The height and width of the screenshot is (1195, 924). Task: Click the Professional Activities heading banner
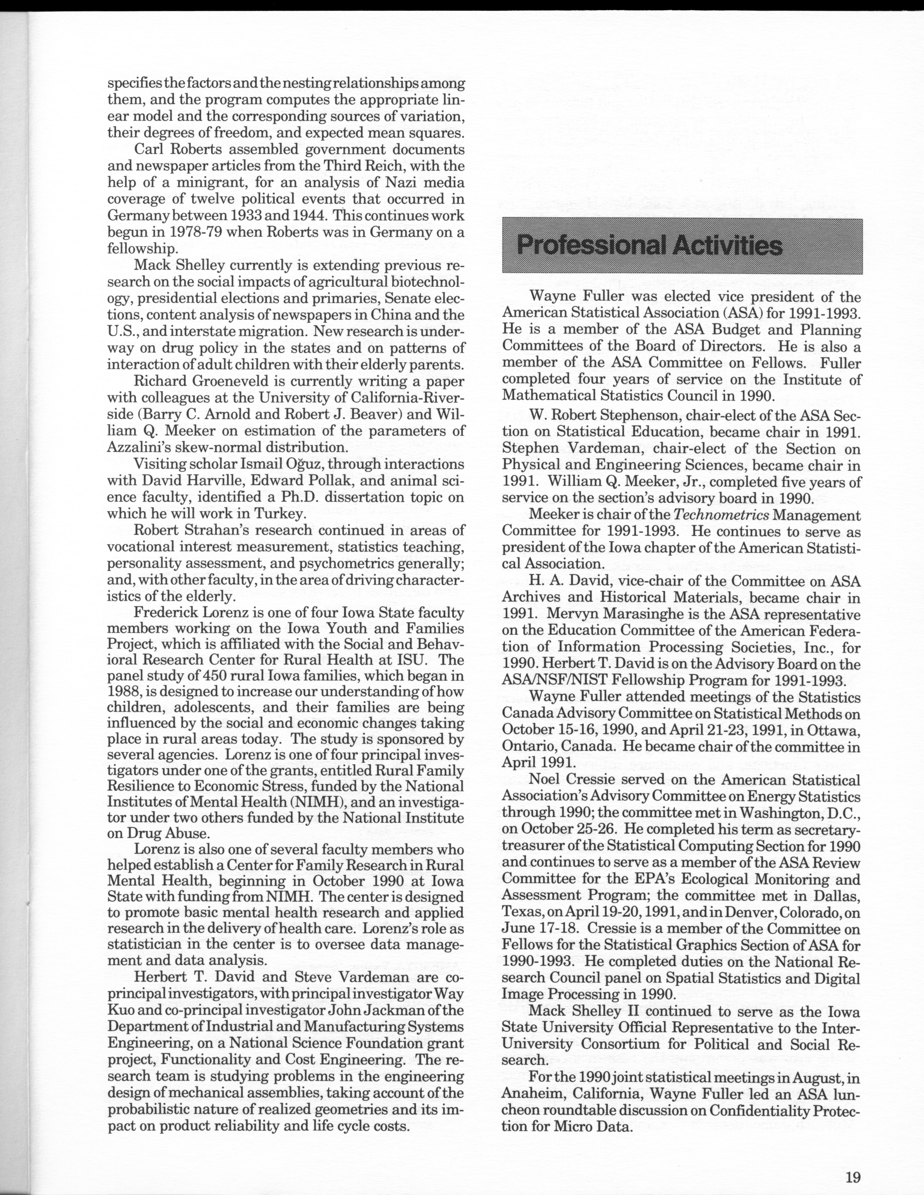tap(682, 246)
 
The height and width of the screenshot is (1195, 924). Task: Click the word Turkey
tap(278, 513)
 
